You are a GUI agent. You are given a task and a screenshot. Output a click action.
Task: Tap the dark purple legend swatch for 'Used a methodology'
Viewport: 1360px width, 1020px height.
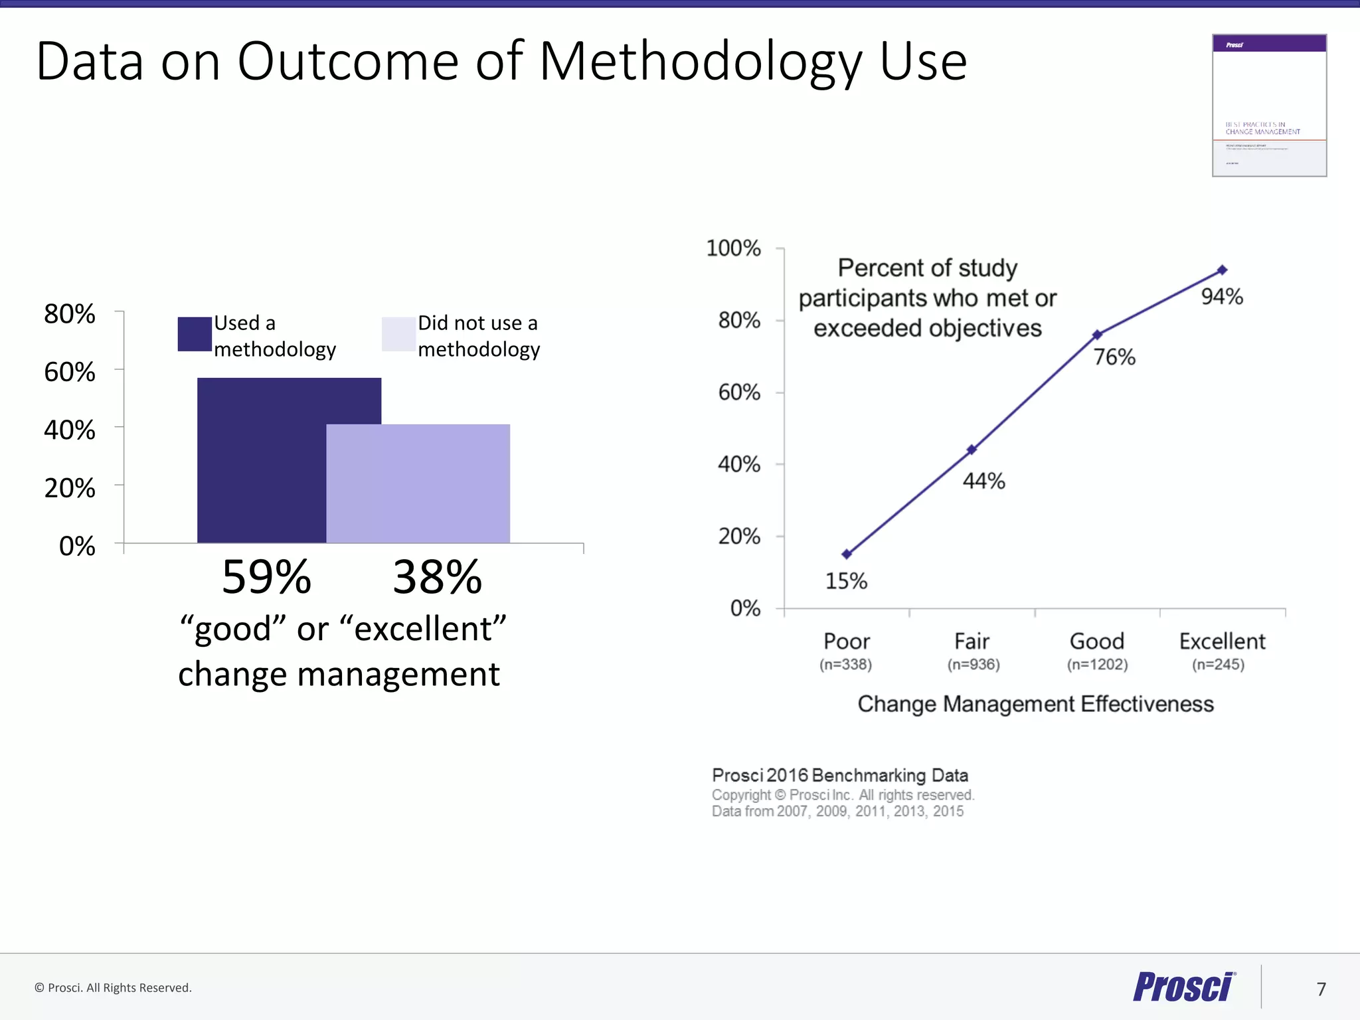coord(195,334)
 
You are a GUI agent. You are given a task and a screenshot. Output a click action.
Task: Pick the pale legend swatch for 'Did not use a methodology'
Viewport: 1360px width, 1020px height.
coord(398,334)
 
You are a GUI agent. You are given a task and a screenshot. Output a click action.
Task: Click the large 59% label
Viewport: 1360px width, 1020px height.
coord(266,576)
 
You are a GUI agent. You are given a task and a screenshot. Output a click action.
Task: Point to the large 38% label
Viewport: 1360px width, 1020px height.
coord(437,576)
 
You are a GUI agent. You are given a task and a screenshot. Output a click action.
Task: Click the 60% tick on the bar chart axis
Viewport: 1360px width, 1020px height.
coord(70,372)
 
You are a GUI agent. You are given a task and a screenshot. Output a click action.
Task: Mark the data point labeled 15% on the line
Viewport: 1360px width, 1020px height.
coord(847,554)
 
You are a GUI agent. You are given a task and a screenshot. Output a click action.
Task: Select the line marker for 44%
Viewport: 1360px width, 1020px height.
coord(972,450)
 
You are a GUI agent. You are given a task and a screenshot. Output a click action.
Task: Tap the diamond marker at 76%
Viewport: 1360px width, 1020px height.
coord(1097,335)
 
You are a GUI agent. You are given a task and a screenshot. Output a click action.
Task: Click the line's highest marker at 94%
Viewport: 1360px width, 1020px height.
coord(1222,270)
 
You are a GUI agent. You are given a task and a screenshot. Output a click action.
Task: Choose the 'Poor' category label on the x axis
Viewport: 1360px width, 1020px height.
coord(847,641)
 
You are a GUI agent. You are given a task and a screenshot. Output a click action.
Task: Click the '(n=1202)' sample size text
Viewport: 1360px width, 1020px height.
coord(1097,664)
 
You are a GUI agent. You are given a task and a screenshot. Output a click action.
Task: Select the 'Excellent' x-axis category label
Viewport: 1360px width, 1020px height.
coord(1222,641)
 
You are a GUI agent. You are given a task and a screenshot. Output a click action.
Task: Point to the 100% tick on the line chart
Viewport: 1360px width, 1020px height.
coord(733,248)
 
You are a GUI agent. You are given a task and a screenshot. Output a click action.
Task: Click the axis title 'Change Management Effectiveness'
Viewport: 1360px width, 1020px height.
coord(1035,704)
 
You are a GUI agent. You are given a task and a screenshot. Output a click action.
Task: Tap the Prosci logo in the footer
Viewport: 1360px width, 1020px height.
coord(1184,987)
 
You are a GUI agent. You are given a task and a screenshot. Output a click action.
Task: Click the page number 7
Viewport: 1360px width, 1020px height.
coord(1321,989)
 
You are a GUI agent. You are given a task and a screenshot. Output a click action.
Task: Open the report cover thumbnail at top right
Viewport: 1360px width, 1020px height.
coord(1269,106)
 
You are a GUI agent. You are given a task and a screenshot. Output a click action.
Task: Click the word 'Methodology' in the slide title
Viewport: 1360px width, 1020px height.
coord(701,61)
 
